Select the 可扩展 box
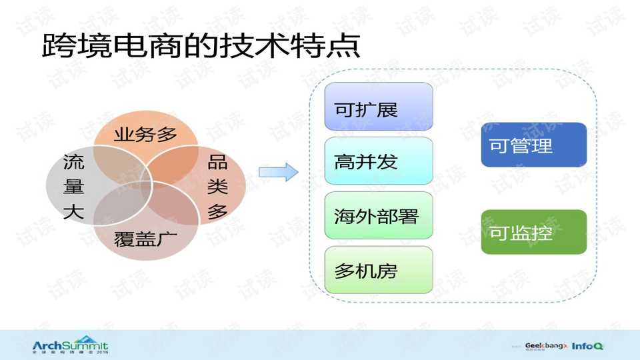click(379, 107)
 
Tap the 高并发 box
click(379, 161)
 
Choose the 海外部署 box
click(379, 215)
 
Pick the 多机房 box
click(379, 270)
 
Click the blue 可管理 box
click(533, 145)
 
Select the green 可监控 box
click(533, 232)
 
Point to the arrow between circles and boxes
click(278, 173)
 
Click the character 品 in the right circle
click(217, 162)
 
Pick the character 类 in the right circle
click(217, 187)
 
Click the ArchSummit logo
click(70, 347)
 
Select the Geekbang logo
click(546, 346)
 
